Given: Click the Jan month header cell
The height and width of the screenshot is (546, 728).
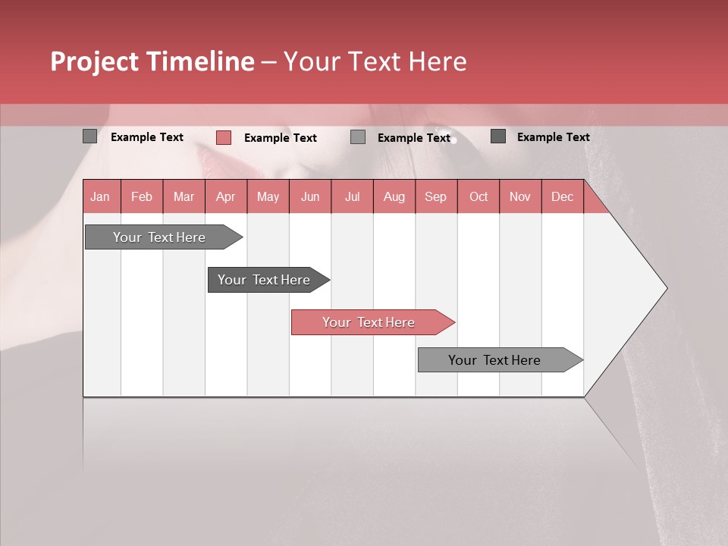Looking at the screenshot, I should point(101,196).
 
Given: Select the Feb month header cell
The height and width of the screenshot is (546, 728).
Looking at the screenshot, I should point(142,196).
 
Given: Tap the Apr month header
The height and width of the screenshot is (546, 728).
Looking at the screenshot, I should point(226,196).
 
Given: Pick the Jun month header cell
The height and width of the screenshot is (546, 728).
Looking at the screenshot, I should point(310,196).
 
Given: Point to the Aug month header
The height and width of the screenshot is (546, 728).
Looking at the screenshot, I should point(394,196).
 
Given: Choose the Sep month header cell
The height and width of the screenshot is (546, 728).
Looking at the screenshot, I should point(436,196).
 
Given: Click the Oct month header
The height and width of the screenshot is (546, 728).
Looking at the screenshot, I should point(479,196).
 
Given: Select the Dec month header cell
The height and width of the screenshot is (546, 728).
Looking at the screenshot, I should point(563,196).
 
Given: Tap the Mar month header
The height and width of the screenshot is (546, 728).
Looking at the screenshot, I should point(184,196).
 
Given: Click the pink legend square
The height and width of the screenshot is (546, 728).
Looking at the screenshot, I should point(223,137).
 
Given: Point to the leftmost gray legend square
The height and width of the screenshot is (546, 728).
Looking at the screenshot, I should point(89,136).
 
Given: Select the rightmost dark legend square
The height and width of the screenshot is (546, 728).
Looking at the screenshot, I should point(498,136).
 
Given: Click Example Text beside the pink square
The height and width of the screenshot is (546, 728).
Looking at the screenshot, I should point(281,138).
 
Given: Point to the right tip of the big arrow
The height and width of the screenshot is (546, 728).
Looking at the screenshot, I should point(665,287).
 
